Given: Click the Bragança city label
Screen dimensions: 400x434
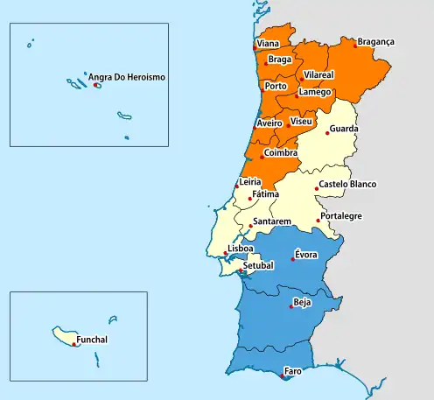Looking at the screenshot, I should tap(376, 41).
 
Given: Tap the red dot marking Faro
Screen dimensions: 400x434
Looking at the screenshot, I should tap(281, 377).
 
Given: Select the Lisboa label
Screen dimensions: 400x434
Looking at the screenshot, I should tap(240, 249).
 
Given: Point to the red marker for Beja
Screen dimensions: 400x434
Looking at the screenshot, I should tap(291, 308).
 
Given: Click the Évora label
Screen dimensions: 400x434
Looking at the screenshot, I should tap(305, 255).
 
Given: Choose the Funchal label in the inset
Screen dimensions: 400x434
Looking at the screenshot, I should tap(93, 340).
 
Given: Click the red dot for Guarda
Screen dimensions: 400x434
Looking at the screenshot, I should tap(328, 133).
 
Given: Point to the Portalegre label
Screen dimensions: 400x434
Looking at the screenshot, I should tap(340, 215).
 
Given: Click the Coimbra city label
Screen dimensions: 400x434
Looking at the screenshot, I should tap(281, 152).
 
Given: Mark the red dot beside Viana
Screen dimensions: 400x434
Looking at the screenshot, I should tap(255, 47).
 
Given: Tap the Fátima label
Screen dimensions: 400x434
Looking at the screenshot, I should tap(265, 193).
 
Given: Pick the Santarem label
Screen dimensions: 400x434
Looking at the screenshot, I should tap(272, 221).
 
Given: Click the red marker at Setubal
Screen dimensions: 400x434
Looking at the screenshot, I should tap(241, 271).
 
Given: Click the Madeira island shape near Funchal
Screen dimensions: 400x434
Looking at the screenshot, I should tap(65, 335).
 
